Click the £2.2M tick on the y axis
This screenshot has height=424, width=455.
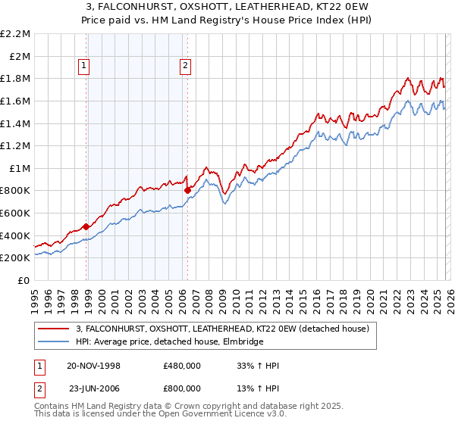(x=16, y=34)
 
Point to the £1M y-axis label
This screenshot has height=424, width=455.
(x=20, y=168)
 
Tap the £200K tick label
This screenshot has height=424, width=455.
(x=16, y=258)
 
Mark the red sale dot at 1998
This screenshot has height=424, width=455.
(x=86, y=226)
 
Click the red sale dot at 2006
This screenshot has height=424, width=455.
(x=187, y=191)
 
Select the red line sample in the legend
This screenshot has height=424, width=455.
(x=53, y=329)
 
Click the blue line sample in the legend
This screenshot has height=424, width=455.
(x=53, y=341)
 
